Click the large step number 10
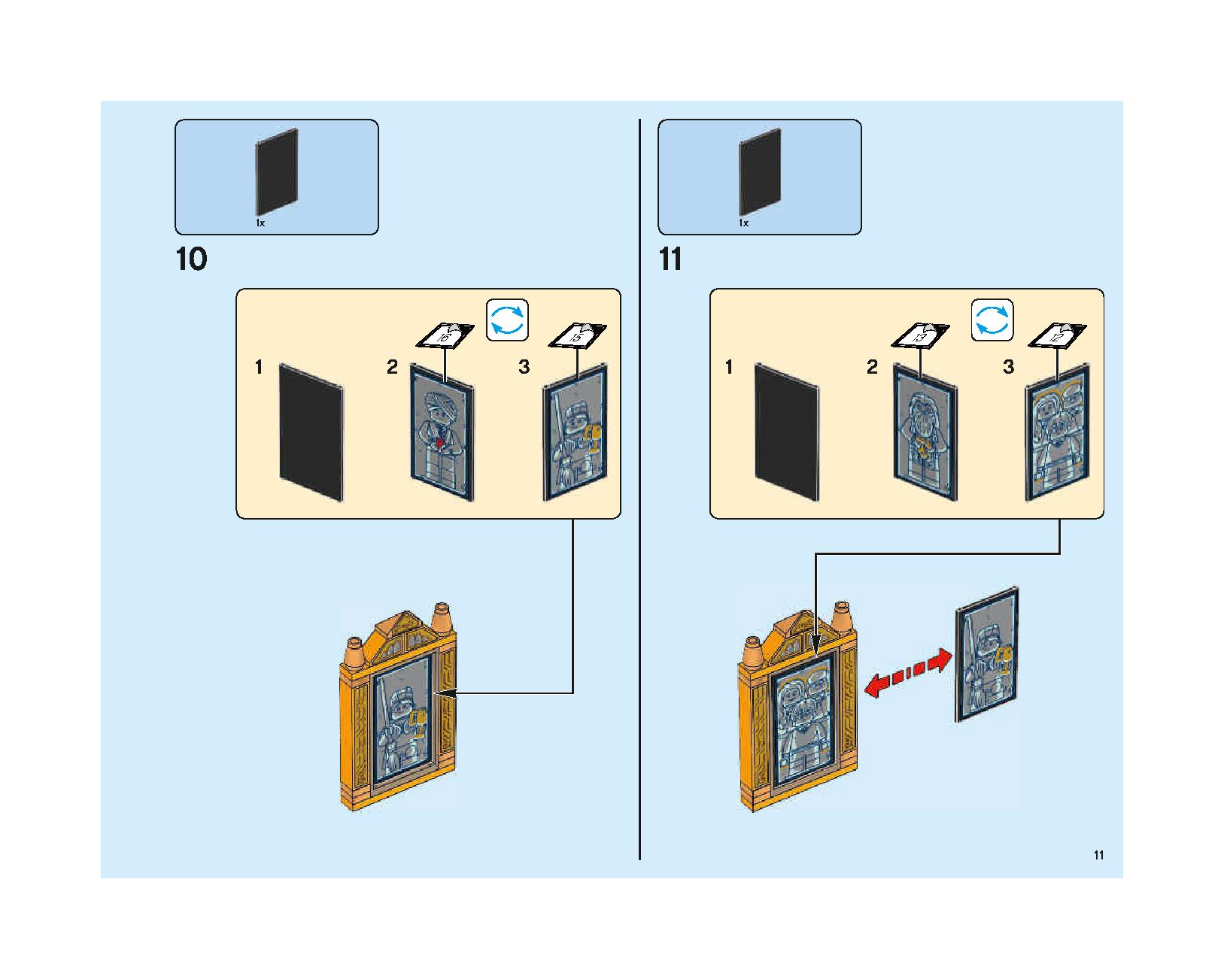coord(192,259)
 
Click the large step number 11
coord(670,259)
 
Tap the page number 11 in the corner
coord(1098,855)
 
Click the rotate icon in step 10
coord(507,320)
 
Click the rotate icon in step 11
coord(992,320)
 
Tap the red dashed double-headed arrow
coord(908,672)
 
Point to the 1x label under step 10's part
coord(260,223)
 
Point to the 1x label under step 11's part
coord(744,223)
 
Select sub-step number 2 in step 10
coord(392,367)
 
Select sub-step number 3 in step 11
coord(1008,367)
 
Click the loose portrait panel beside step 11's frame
coord(987,655)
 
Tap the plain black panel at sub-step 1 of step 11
coord(787,432)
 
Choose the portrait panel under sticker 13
coord(925,432)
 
